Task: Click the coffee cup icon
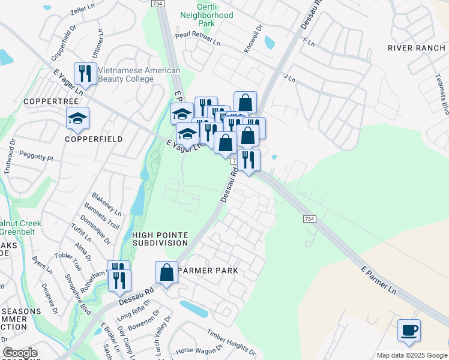click(409, 331)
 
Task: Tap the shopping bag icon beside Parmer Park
click(167, 273)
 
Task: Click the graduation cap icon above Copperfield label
click(77, 119)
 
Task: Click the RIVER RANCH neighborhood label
click(416, 48)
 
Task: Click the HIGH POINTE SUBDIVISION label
click(160, 239)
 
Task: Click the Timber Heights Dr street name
click(232, 341)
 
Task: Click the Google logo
click(20, 353)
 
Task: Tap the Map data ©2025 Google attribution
click(411, 355)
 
